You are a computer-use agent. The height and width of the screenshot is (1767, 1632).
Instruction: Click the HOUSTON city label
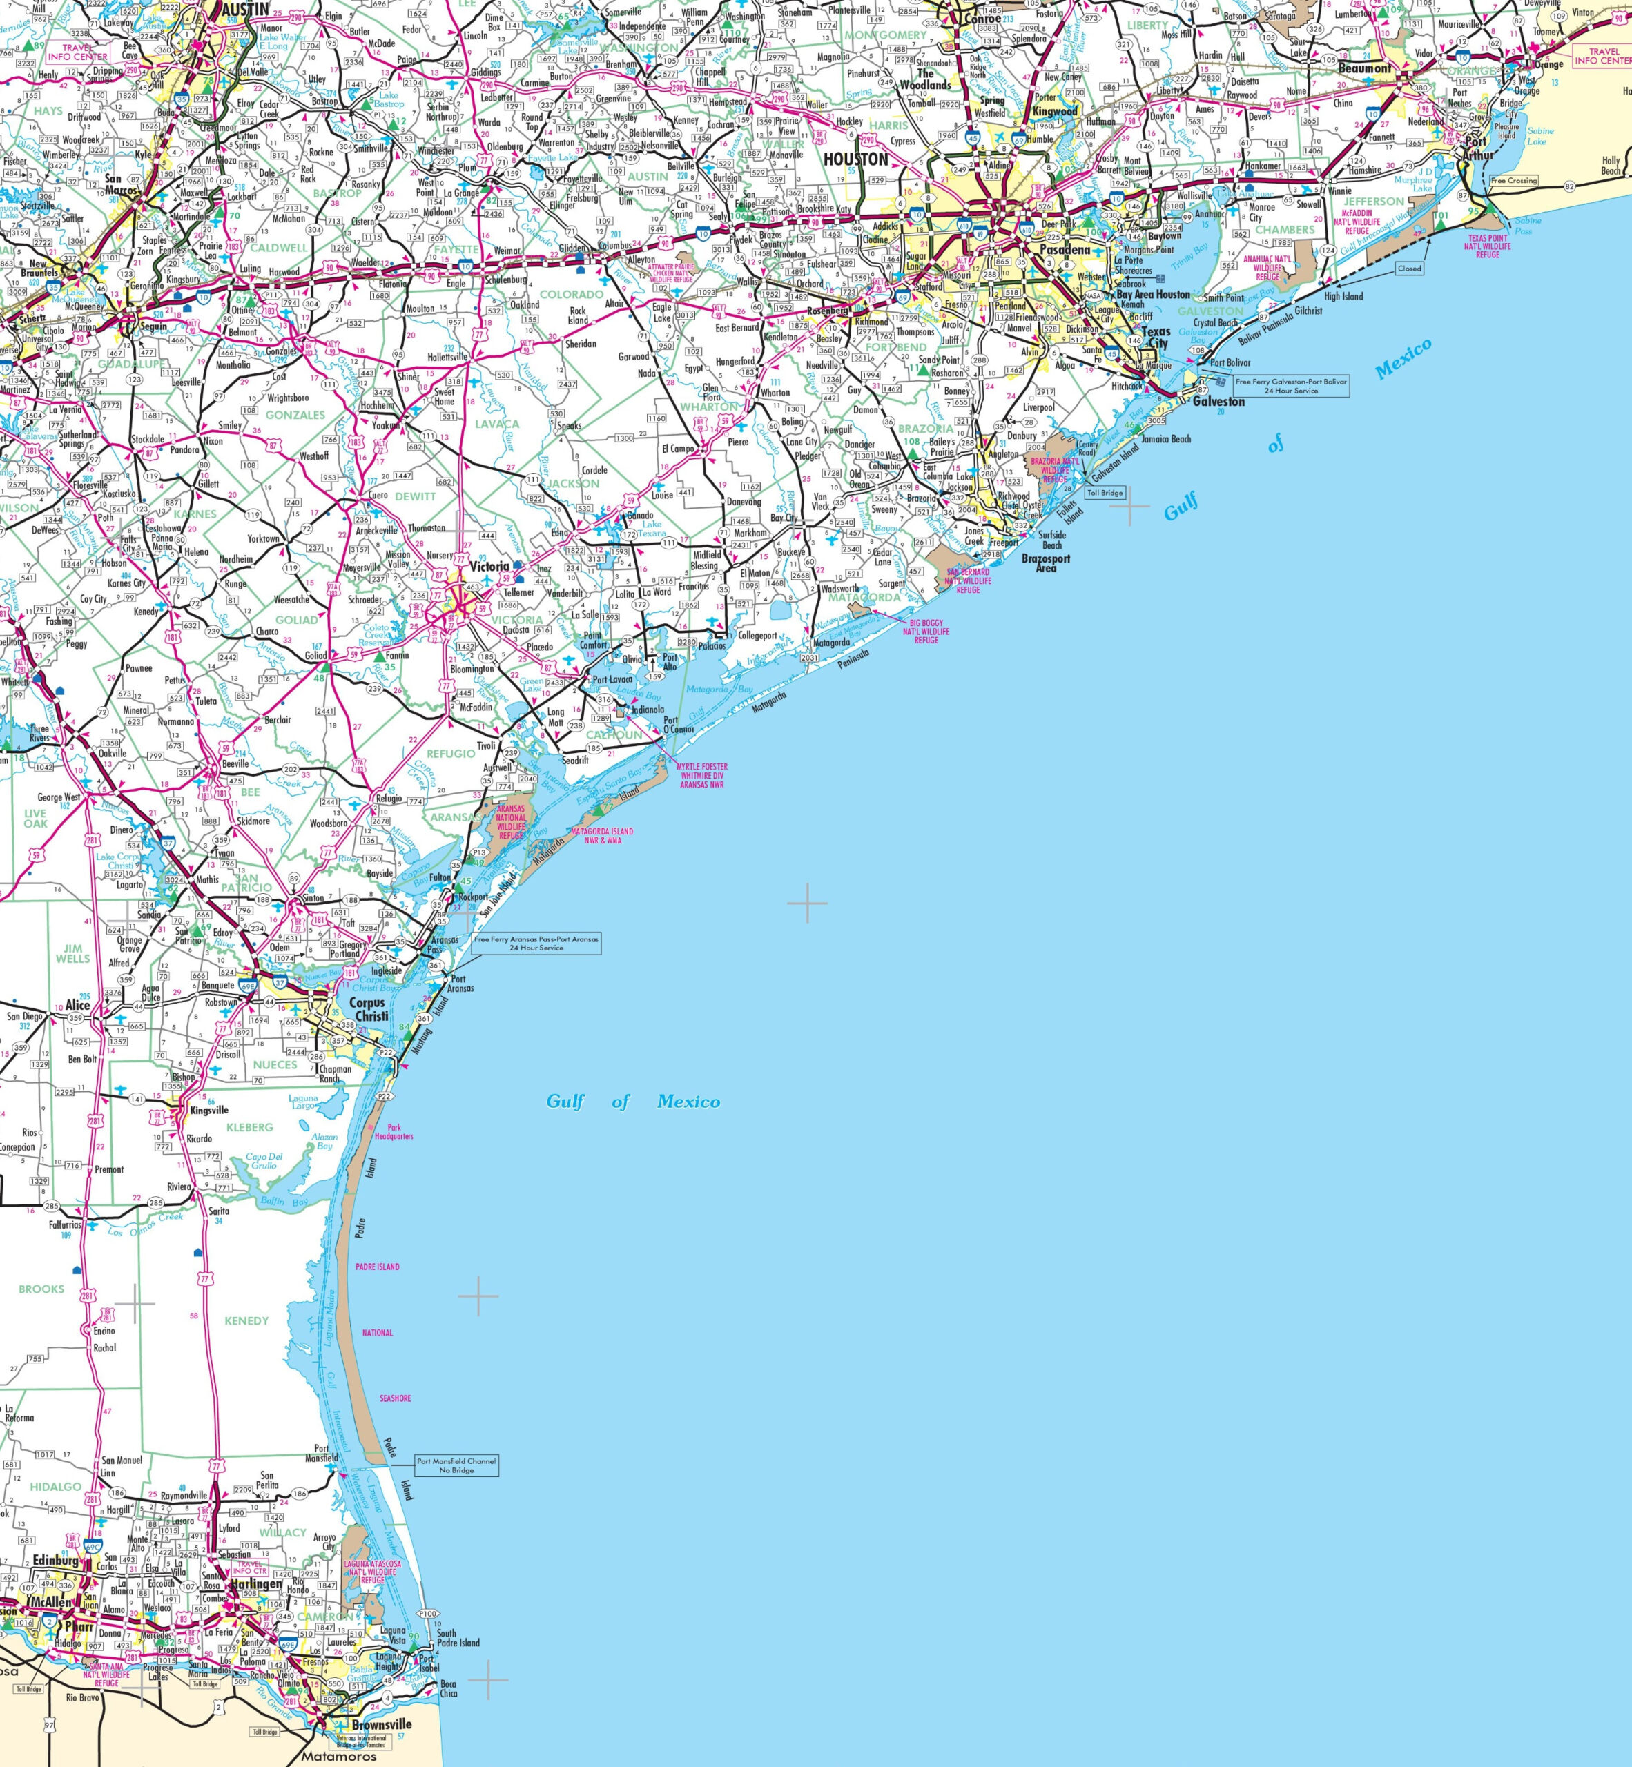[855, 159]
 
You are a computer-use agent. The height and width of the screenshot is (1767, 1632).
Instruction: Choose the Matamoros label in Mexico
[338, 1757]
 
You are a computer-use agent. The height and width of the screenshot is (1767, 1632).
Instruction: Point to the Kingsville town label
[209, 1110]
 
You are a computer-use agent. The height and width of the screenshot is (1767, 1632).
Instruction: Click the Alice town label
[78, 1005]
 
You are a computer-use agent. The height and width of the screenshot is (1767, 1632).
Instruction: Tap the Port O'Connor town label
[679, 724]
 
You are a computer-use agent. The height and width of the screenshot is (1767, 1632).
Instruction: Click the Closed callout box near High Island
[1410, 268]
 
